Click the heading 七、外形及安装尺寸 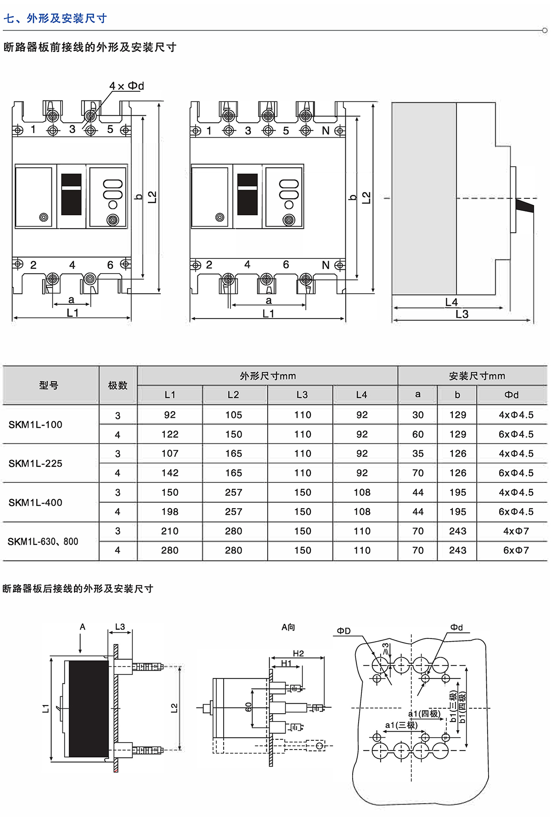[x=55, y=18]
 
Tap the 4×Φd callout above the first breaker [x=126, y=86]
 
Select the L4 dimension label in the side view [x=451, y=302]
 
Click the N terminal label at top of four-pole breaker [x=326, y=131]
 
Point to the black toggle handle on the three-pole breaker [x=72, y=194]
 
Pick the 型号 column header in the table [x=49, y=386]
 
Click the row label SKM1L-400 [x=35, y=503]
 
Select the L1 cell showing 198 [x=169, y=512]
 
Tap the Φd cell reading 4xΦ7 [x=516, y=531]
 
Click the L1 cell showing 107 [x=169, y=453]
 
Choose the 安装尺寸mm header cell [x=477, y=376]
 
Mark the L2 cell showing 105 [x=233, y=415]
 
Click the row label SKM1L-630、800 [x=43, y=542]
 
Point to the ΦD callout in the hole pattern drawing [x=343, y=631]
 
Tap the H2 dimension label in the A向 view [x=298, y=653]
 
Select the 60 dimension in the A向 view [x=248, y=707]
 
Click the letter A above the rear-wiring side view [x=83, y=627]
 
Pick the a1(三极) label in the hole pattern [x=401, y=725]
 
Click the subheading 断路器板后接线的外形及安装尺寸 [x=78, y=588]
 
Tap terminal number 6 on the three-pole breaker [x=110, y=265]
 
